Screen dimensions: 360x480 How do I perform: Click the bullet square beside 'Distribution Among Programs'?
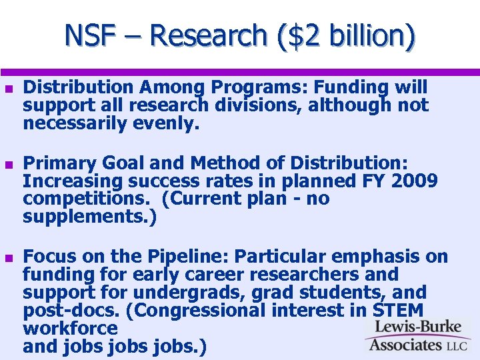(x=8, y=88)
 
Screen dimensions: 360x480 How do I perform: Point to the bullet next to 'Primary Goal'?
(x=8, y=164)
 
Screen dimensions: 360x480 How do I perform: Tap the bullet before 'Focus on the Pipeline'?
(x=8, y=257)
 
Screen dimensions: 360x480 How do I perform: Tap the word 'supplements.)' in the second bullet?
(x=89, y=217)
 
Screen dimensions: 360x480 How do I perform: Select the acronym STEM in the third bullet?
(x=398, y=311)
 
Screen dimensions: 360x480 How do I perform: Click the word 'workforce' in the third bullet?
(x=70, y=329)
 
